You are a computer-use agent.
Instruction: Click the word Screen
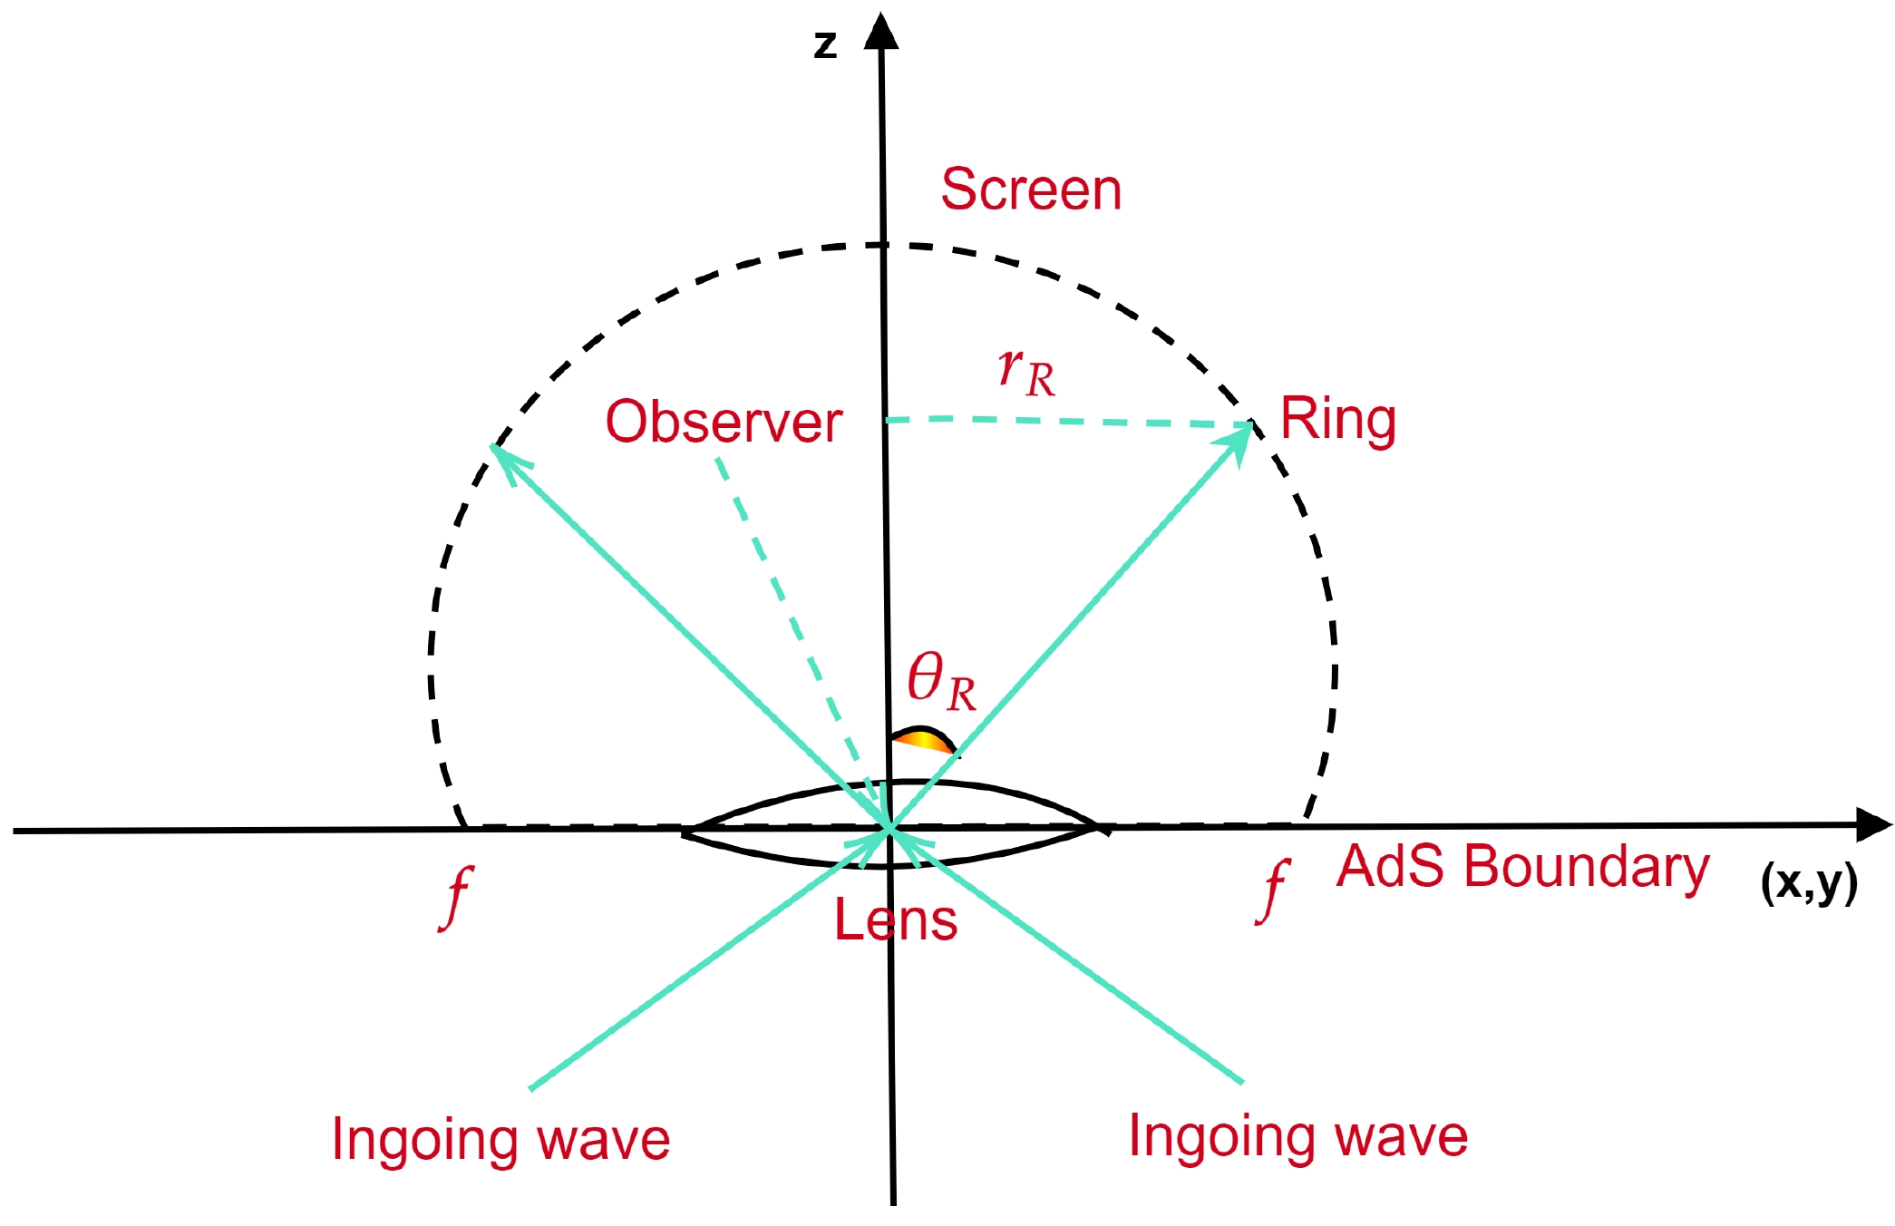tap(1031, 190)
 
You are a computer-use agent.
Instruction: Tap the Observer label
tap(724, 422)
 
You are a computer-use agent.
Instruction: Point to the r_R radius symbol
tap(1026, 372)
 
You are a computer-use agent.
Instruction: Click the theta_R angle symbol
tap(941, 681)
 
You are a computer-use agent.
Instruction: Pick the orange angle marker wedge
tap(923, 739)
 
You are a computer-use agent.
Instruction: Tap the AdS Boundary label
tap(1522, 866)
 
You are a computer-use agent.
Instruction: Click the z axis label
tap(825, 44)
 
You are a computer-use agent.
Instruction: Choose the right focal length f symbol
tap(1274, 890)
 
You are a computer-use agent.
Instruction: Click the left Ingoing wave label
tap(500, 1139)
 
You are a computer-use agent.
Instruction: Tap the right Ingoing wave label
tap(1297, 1135)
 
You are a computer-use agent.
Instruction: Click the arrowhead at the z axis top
tap(880, 32)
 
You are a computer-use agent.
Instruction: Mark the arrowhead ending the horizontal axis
tap(1872, 824)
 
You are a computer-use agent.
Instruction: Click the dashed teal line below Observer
tap(789, 617)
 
